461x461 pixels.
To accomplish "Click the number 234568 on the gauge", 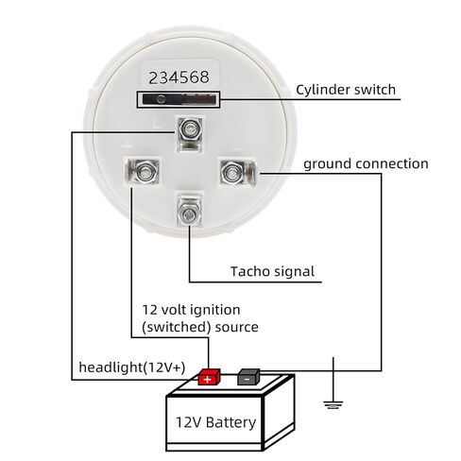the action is click(179, 77).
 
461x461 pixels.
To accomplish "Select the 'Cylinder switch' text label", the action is click(346, 90).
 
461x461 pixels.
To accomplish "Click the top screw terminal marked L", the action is click(190, 133).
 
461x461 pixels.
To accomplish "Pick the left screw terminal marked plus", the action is click(142, 171).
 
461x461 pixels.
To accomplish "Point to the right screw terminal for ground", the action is click(238, 172).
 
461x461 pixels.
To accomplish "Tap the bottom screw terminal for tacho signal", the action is click(189, 210).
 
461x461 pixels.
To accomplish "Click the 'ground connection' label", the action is click(366, 164).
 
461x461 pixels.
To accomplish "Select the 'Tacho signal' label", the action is click(272, 271).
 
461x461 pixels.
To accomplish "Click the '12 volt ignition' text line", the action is click(191, 310).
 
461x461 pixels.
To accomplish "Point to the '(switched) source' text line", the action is click(200, 327).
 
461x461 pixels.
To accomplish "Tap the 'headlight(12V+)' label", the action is click(132, 367).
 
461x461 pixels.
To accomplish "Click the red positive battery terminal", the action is click(210, 377).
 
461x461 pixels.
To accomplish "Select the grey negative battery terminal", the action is click(248, 377).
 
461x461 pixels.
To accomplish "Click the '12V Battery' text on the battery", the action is click(215, 422).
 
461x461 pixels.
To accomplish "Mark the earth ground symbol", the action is click(333, 404).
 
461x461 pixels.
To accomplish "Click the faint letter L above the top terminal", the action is click(157, 123).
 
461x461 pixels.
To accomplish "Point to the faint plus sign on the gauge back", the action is click(126, 146).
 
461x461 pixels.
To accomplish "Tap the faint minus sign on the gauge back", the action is click(238, 147).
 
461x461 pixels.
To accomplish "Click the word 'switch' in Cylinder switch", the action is click(375, 90).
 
